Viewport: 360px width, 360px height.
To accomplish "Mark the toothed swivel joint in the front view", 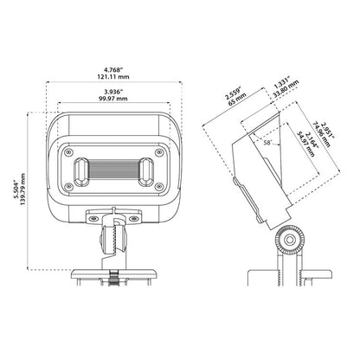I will pyautogui.click(x=112, y=236).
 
